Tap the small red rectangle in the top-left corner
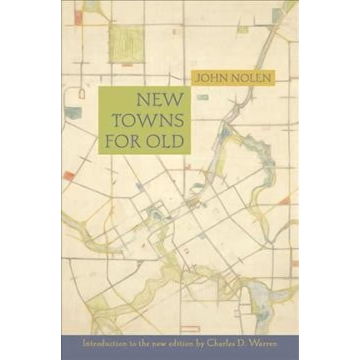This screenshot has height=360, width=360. point(78,17)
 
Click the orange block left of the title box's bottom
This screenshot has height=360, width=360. point(69,176)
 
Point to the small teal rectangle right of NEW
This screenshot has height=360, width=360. point(202,97)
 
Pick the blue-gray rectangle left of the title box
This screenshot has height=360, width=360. point(73,112)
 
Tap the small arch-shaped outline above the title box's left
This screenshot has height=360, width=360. point(82,94)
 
